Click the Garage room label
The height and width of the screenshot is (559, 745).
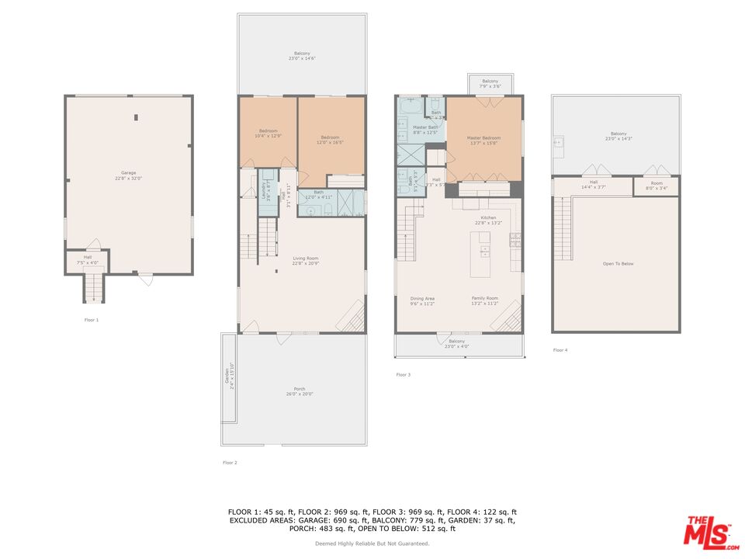(128, 175)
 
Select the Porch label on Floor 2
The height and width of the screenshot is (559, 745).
(299, 391)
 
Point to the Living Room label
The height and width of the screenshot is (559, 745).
(305, 261)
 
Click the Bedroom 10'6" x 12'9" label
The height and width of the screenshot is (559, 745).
(268, 134)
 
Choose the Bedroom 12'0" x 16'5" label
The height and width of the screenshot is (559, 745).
(329, 140)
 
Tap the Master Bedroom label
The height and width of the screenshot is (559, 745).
(483, 141)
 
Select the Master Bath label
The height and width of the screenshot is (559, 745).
(424, 130)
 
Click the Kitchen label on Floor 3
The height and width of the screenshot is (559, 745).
(488, 220)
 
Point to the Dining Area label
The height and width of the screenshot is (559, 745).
(422, 300)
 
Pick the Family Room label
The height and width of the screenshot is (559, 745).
(484, 300)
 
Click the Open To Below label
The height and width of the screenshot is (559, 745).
(618, 264)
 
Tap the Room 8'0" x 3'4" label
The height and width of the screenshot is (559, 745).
(657, 186)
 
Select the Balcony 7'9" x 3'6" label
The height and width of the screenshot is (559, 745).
(490, 83)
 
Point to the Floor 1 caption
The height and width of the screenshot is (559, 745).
(92, 319)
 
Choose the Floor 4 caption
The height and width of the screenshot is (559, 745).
(560, 350)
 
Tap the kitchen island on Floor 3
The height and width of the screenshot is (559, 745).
(483, 254)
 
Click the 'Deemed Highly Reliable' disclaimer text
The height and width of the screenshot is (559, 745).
(372, 543)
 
